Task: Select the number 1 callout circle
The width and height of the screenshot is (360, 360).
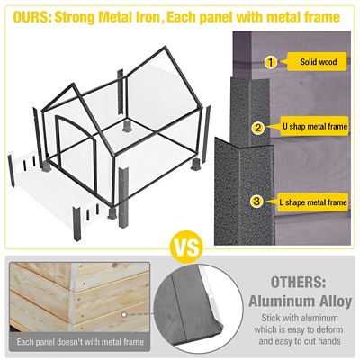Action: [269, 62]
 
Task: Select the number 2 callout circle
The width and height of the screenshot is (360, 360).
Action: [257, 128]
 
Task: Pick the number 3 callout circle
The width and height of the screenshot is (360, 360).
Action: [257, 202]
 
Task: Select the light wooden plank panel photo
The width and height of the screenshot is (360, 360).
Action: [72, 297]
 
